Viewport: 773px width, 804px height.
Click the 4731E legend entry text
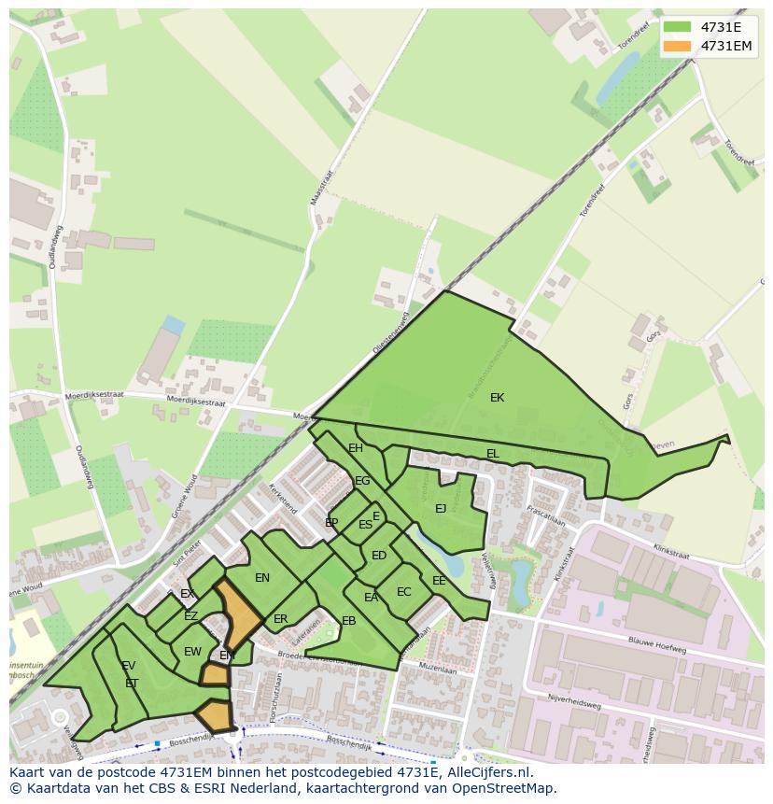coord(721,27)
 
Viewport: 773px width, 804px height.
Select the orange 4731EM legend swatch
coord(679,46)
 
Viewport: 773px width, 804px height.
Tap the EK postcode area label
coord(497,398)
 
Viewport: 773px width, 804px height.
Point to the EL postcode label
coord(492,454)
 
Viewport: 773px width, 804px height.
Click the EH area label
coord(356,448)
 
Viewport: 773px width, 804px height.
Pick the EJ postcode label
coord(441,509)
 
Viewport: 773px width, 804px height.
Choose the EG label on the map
coord(362,481)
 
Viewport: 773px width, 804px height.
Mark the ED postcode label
coord(379,556)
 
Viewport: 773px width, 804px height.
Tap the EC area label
coord(403,592)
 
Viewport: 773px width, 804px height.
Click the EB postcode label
coord(348,621)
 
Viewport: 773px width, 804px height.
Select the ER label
coord(281,619)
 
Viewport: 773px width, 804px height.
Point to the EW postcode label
coord(192,652)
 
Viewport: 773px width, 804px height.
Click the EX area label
coord(188,594)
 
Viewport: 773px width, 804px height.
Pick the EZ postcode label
coord(190,616)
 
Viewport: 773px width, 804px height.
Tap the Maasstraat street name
coord(319,187)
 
